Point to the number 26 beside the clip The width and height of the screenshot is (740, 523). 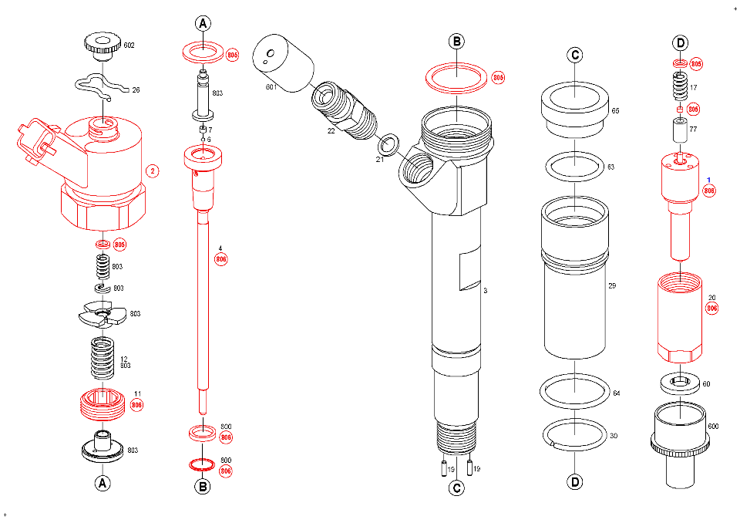tap(136, 90)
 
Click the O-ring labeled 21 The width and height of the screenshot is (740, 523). tap(389, 144)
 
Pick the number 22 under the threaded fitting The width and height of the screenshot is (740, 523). tap(331, 131)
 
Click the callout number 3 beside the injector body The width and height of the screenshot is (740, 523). tap(485, 291)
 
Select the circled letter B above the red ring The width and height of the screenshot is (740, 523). tap(456, 41)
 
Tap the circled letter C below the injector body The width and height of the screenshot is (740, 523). tap(456, 487)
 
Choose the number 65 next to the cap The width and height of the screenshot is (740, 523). tap(615, 111)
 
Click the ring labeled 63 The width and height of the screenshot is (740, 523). tap(575, 165)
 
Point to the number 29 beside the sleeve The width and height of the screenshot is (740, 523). tap(612, 286)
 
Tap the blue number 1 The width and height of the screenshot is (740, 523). tap(708, 180)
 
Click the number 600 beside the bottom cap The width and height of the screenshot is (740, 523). tap(713, 427)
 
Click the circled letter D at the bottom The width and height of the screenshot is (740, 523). tap(574, 482)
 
